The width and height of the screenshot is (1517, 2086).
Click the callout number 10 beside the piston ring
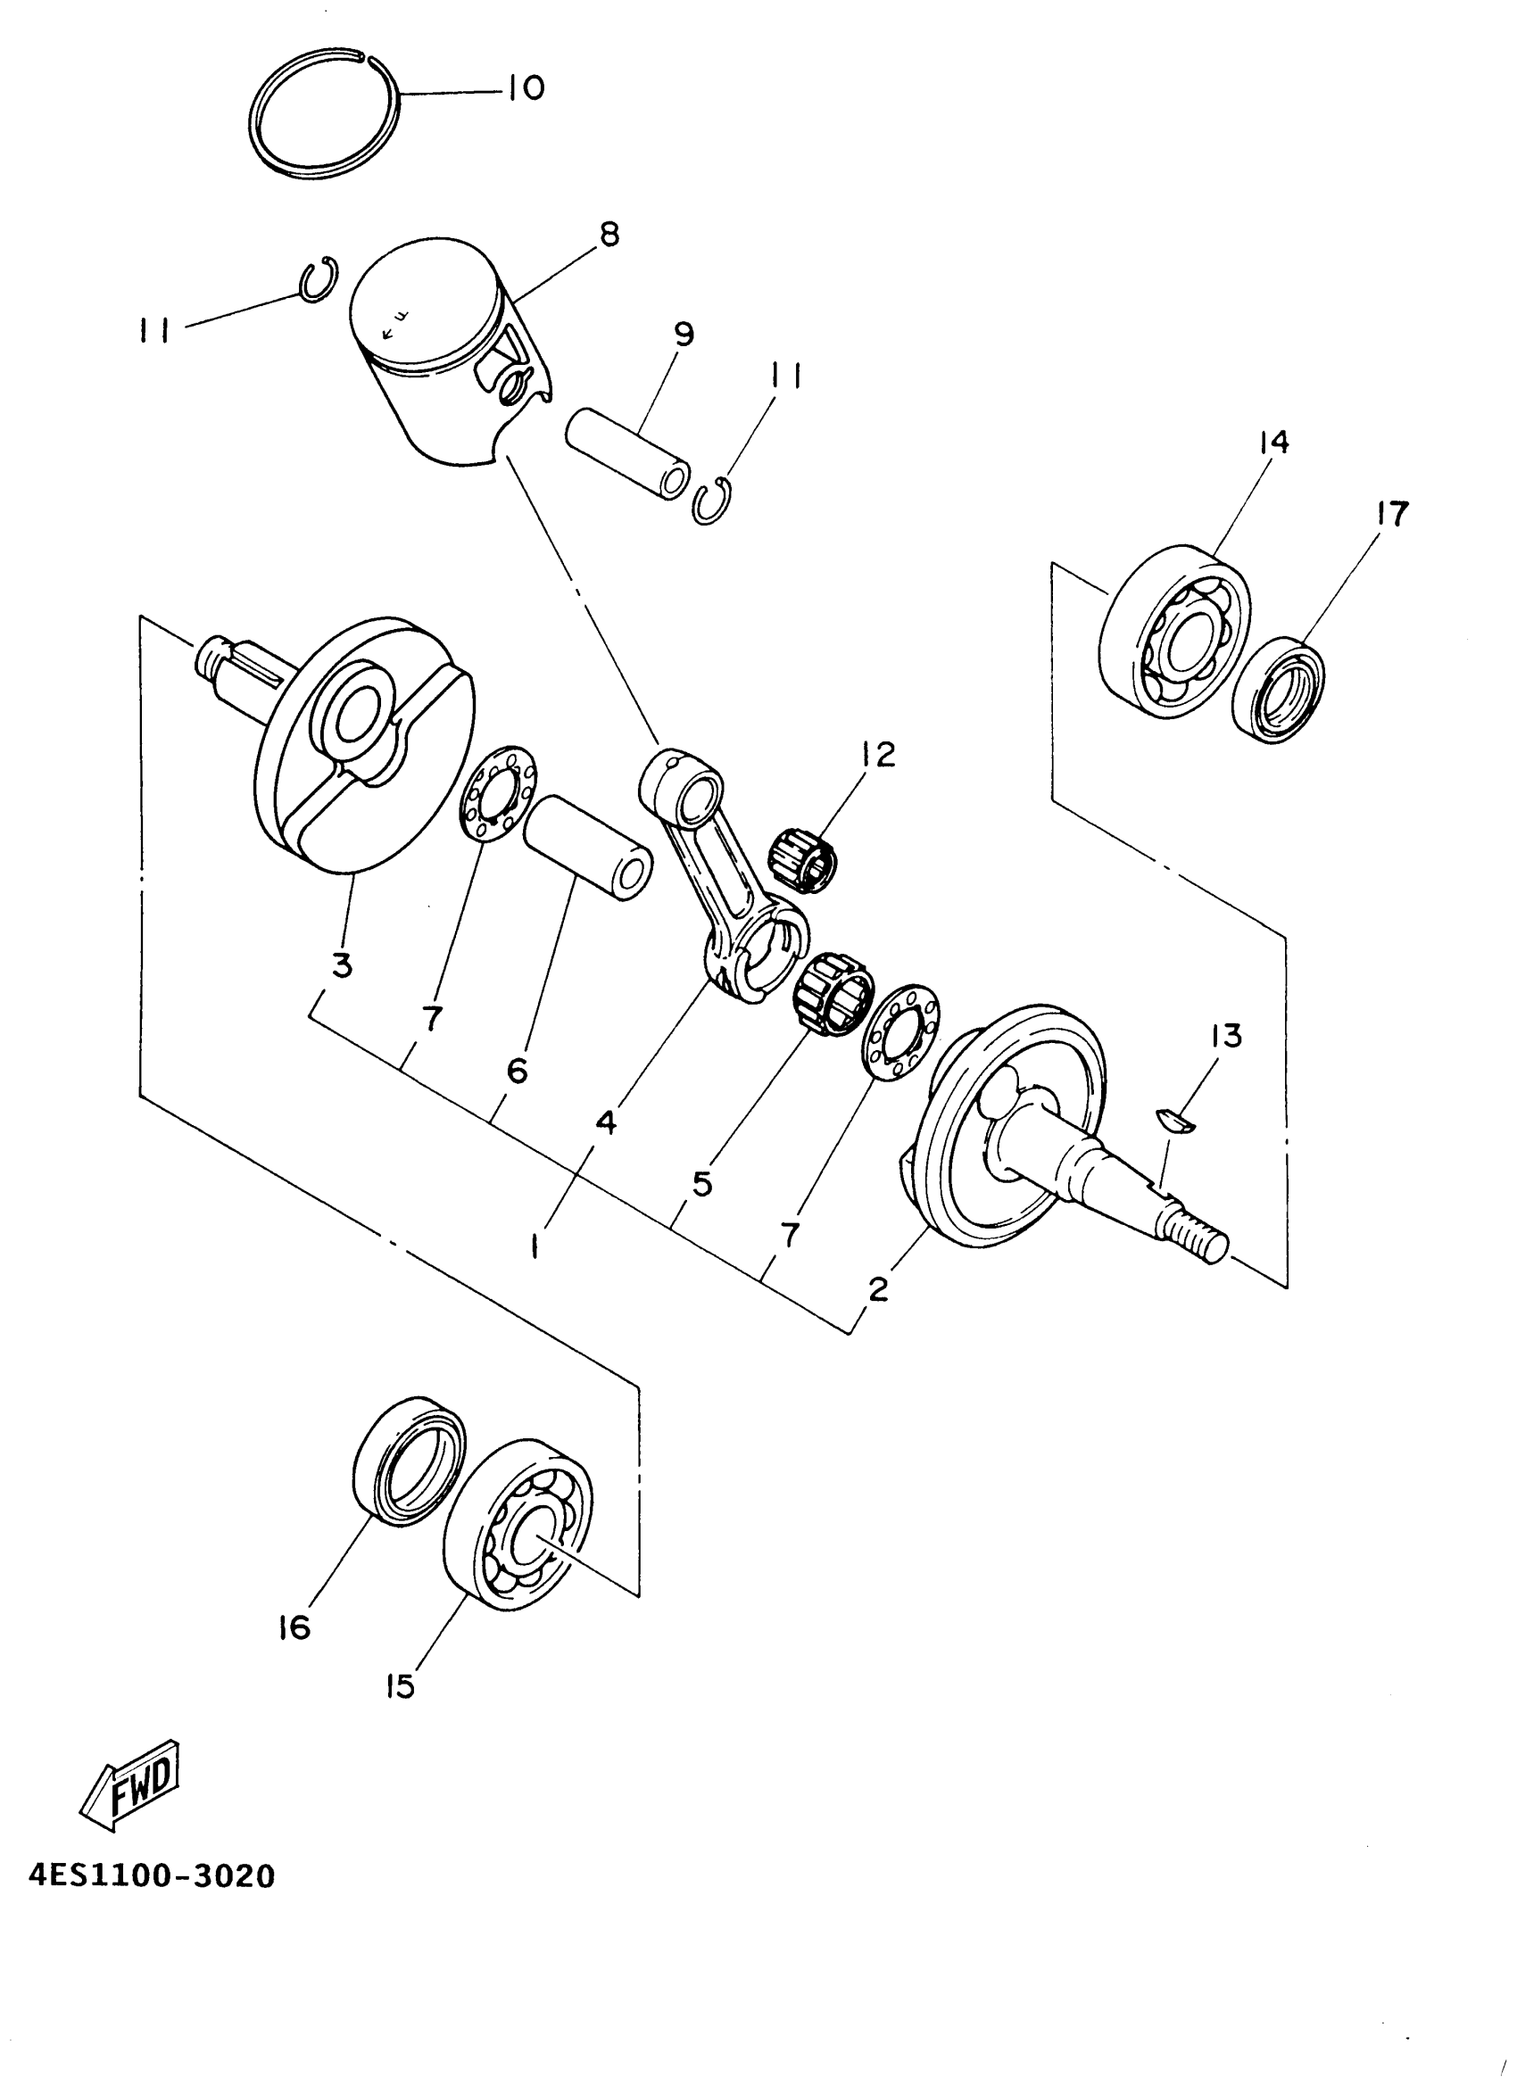click(x=526, y=89)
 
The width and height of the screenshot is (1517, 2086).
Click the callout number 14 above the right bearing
click(x=1275, y=443)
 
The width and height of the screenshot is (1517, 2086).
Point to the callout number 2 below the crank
click(x=879, y=1289)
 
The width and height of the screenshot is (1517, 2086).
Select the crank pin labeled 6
click(x=589, y=847)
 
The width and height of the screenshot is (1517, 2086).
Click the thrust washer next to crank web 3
click(x=499, y=793)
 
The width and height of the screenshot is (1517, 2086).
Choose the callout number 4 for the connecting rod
click(x=604, y=1122)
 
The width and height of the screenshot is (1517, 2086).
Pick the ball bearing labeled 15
click(x=518, y=1525)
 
